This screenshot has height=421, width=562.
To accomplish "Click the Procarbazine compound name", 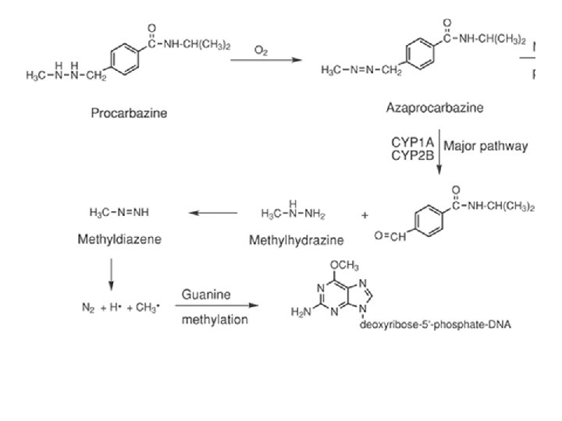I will coord(129,114).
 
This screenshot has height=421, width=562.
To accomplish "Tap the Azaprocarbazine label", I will coord(434,108).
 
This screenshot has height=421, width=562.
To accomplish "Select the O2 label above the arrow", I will coord(262,51).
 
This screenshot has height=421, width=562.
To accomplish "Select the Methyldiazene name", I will coord(119,239).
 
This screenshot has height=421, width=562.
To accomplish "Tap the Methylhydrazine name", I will coord(296,240).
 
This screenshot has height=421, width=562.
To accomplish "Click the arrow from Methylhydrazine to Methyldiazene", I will coord(213,212).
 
